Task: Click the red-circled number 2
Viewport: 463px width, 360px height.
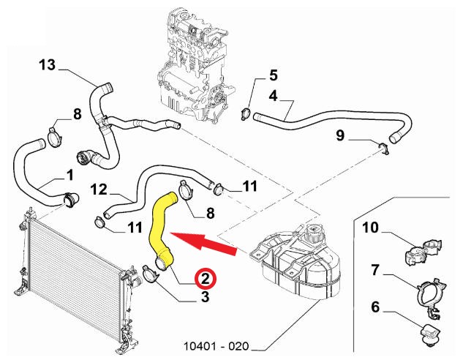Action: point(206,278)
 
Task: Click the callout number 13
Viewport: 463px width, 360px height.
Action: point(48,66)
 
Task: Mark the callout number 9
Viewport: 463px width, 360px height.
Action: point(339,135)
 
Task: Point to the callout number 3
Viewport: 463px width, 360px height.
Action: point(205,297)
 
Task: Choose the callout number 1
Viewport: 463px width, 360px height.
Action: point(69,176)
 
